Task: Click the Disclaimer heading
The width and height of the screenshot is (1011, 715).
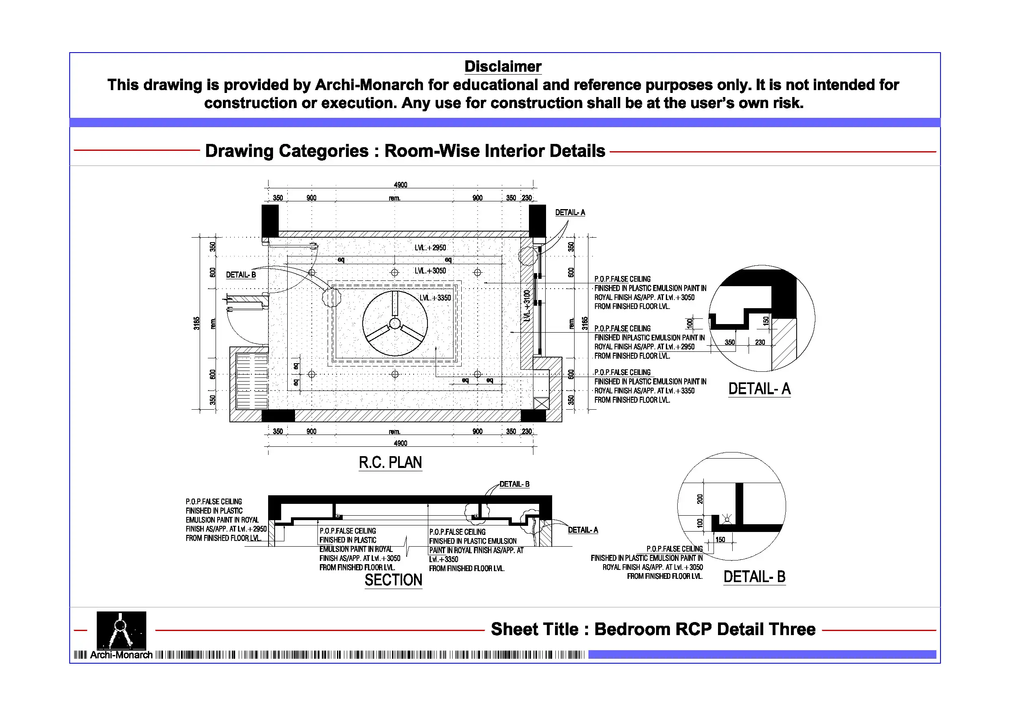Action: point(502,66)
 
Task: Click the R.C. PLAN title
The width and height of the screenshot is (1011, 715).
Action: point(390,463)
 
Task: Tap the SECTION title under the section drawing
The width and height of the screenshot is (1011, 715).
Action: point(393,580)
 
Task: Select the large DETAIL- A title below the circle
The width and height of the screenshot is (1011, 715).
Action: point(759,389)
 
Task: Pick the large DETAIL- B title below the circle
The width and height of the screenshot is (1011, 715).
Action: point(754,577)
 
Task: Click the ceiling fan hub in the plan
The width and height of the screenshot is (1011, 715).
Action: point(395,324)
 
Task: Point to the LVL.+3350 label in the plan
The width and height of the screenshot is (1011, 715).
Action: point(435,298)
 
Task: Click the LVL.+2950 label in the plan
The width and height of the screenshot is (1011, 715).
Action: point(430,248)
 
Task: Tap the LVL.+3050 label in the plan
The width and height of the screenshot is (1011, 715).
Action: point(430,271)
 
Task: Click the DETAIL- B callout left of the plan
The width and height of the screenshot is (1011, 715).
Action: point(241,275)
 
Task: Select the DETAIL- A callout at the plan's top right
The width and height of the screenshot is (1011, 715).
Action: point(570,213)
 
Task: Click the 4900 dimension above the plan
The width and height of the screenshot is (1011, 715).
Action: point(400,185)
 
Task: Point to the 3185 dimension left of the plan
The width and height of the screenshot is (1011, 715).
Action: point(196,323)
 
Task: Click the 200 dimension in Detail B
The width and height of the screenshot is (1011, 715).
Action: point(700,499)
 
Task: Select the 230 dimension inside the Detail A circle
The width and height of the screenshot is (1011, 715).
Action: point(760,342)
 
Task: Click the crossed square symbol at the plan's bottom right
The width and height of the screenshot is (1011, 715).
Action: point(541,403)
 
